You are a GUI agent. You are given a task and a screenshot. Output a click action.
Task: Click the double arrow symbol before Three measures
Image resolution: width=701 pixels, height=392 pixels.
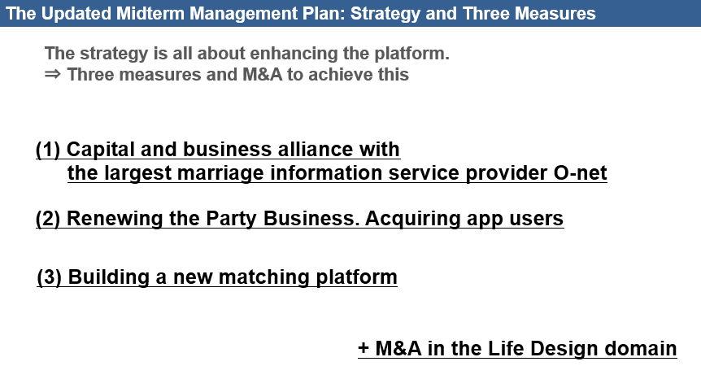pos(52,74)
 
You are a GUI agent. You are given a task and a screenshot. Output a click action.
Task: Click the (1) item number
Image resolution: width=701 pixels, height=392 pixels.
pos(48,150)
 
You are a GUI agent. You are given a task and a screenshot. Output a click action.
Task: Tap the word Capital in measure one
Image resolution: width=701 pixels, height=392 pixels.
pos(101,150)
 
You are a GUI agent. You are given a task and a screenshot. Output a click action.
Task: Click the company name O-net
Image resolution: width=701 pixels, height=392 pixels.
pos(581,173)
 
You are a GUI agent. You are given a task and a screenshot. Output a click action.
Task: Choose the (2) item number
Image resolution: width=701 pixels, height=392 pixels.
pos(48,219)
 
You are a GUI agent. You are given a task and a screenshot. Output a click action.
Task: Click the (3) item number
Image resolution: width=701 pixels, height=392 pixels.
pos(49,277)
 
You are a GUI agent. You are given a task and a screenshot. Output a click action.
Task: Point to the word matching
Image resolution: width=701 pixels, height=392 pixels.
pos(263,277)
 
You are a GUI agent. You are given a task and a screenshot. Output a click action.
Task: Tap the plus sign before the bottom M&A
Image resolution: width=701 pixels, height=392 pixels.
pos(364,348)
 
